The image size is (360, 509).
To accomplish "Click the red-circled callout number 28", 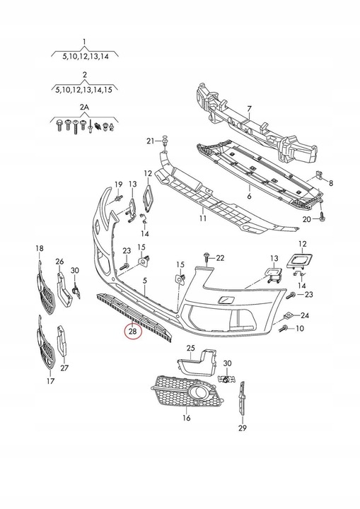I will point(132,330).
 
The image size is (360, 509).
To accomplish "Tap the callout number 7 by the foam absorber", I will point(249,110).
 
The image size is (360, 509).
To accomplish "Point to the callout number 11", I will point(202,219).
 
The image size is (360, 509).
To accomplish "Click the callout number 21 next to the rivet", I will point(150,141).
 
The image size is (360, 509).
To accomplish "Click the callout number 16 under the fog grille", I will point(187,418).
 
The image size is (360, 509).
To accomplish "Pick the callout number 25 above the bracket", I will point(190,348).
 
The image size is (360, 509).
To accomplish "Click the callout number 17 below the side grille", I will point(50,382).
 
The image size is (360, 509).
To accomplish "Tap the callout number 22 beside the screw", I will point(219,257).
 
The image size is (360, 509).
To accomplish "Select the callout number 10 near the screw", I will point(300,328).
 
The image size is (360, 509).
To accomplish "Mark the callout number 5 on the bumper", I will point(145,281).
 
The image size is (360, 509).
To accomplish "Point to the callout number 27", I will point(65,368).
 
